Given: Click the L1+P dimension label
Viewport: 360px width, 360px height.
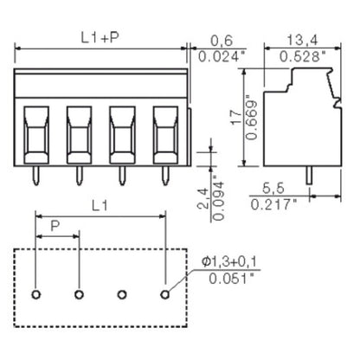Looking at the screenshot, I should click(100, 39).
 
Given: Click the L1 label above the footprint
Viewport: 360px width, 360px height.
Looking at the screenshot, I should click(101, 207).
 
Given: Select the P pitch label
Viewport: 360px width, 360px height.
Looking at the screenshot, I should click(56, 227).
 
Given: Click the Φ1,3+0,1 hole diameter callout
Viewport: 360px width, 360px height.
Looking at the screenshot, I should click(229, 261).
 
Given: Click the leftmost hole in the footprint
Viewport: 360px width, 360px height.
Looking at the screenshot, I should click(35, 293).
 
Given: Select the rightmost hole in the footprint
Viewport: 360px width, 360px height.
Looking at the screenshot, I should click(164, 293).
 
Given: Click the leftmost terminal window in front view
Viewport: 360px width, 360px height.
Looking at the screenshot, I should click(35, 134).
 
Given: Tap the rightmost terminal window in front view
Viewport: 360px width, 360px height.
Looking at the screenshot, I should click(164, 134).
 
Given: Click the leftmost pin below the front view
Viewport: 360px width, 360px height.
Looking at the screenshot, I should click(35, 175).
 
